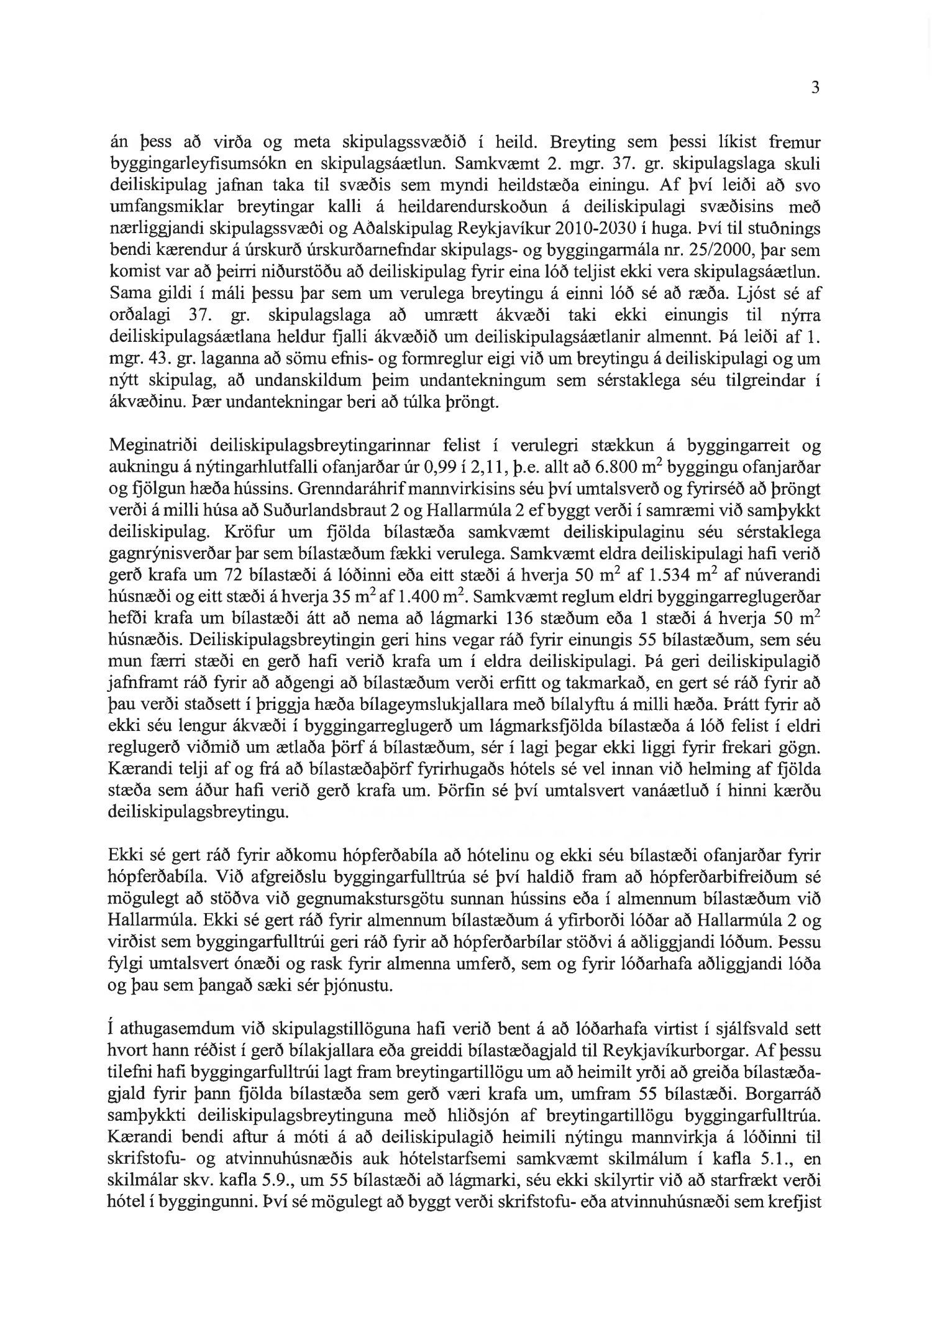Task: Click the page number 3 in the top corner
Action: [x=815, y=88]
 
